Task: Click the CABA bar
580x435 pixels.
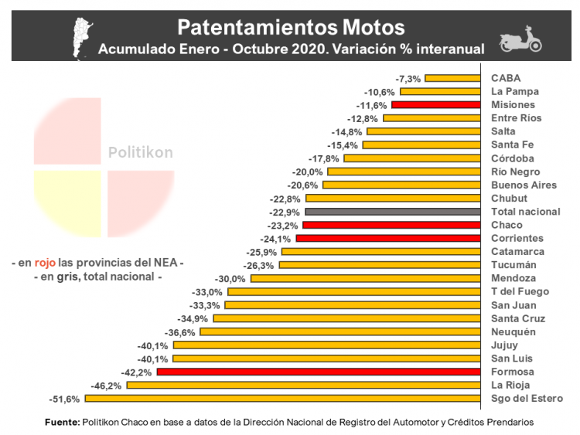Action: (454, 78)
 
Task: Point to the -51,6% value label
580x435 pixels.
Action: (64, 399)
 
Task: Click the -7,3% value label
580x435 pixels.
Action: (408, 78)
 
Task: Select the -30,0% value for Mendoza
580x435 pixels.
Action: (231, 278)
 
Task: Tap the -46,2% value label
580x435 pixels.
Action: (107, 386)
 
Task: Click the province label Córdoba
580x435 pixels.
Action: (513, 158)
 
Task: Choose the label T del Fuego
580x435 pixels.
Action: (520, 292)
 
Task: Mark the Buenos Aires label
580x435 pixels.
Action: (524, 185)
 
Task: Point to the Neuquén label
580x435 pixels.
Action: (513, 332)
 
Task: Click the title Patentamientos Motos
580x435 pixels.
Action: (291, 27)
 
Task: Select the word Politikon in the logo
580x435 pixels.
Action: (140, 153)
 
